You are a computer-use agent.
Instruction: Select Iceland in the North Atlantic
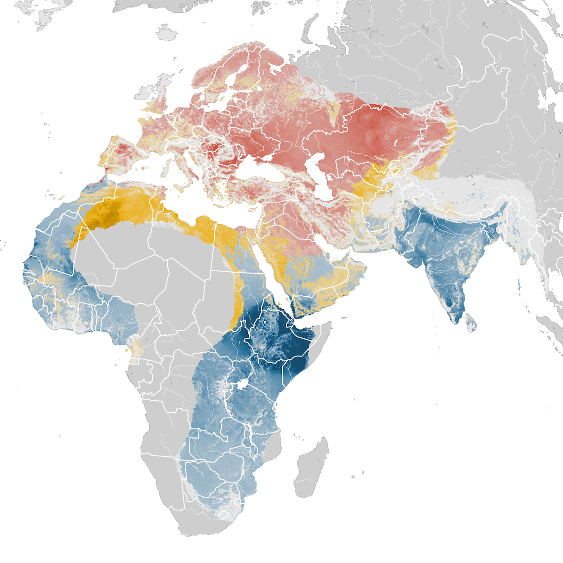(x=166, y=33)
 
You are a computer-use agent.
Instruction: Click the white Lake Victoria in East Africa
(x=242, y=384)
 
